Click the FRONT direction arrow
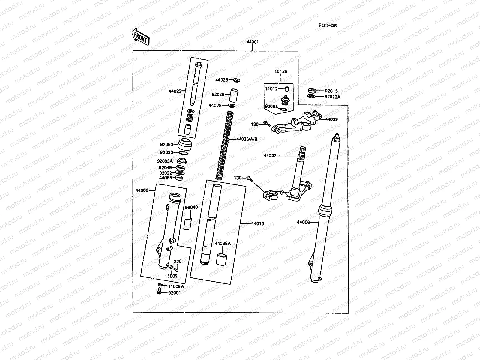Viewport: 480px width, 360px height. click(x=140, y=36)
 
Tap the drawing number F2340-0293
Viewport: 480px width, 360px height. click(x=328, y=25)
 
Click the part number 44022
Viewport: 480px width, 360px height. click(x=175, y=91)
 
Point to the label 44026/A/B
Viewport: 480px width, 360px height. click(x=247, y=139)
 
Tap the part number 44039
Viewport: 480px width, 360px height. click(x=331, y=119)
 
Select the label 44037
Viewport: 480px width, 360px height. click(x=270, y=156)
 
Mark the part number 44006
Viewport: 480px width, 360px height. click(x=303, y=222)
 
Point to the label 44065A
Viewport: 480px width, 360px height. click(x=223, y=243)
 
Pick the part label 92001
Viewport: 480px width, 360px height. click(x=174, y=293)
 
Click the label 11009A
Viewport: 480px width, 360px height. click(x=176, y=286)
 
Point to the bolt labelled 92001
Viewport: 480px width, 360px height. click(x=159, y=290)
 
